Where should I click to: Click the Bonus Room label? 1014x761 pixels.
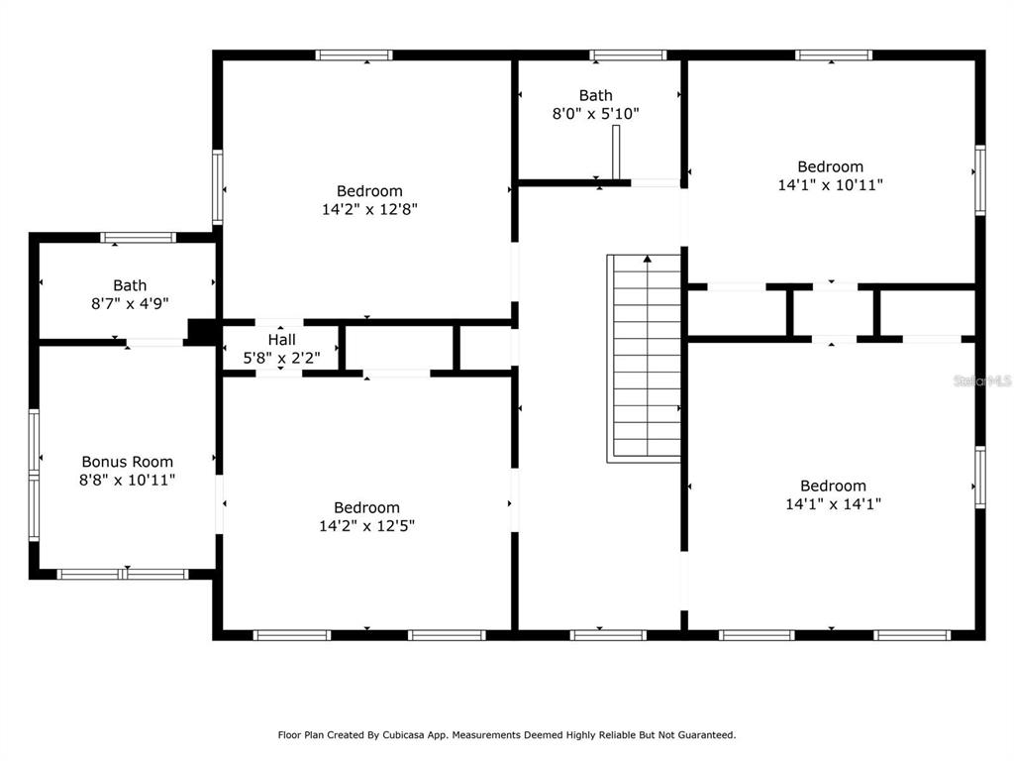point(128,462)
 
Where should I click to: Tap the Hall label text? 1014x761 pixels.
point(282,339)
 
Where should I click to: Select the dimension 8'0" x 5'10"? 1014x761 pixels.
point(595,114)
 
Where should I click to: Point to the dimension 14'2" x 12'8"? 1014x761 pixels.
point(370,209)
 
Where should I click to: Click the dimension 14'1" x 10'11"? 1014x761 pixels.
point(831,185)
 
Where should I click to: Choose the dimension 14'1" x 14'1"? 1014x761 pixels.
point(833,504)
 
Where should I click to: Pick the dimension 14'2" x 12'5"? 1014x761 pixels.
point(366,525)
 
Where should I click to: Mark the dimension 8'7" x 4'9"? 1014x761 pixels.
point(130,303)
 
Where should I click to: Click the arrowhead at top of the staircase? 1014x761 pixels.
point(648,259)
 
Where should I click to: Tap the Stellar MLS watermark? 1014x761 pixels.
point(982,380)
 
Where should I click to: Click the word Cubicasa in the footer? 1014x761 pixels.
point(403,735)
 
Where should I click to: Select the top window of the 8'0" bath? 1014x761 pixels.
point(628,55)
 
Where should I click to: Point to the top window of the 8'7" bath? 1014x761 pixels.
point(138,238)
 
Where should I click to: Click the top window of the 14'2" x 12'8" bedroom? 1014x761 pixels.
point(355,55)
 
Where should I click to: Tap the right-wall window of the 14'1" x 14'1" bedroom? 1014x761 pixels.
point(980,477)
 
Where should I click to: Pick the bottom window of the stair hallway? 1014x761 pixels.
point(608,635)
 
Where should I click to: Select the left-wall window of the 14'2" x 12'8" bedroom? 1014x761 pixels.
point(218,187)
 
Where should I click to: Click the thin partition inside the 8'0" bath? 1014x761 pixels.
point(616,152)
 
